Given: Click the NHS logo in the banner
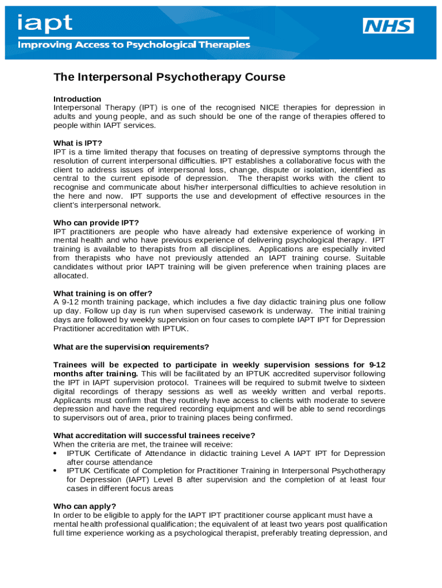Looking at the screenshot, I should pos(388,26).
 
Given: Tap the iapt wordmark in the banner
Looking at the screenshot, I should pos(45,24).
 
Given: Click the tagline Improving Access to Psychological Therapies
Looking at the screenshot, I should pos(134,44).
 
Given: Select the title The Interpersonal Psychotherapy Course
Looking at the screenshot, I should pos(169,77).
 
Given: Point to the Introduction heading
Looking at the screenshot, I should pos(77,99).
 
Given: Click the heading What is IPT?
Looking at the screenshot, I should pos(77,143).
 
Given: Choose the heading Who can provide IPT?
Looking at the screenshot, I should pos(96,223).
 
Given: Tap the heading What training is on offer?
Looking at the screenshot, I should pos(103,293).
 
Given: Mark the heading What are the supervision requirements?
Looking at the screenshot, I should pos(131,347).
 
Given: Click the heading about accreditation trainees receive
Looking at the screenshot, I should pos(154,435).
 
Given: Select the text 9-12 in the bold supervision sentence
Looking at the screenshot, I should pos(377,365).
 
